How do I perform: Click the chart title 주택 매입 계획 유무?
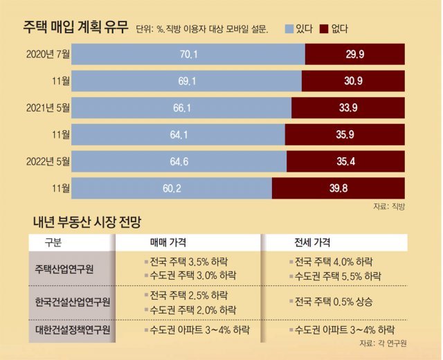(x=66, y=27)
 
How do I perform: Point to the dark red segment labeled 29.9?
(x=355, y=55)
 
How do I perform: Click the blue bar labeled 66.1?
(x=181, y=107)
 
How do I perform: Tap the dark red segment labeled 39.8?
(x=338, y=187)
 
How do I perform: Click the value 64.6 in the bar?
(x=179, y=161)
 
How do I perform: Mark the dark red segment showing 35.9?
(x=345, y=134)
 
